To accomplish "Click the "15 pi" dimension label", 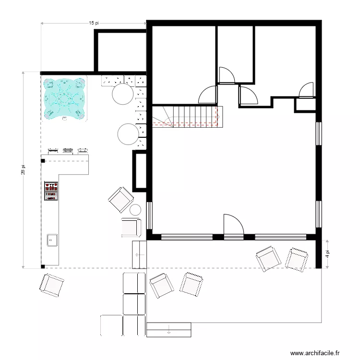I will pyautogui.click(x=94, y=23).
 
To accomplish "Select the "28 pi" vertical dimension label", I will pyautogui.click(x=23, y=170).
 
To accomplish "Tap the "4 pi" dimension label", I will pyautogui.click(x=327, y=253).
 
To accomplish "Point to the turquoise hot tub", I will pyautogui.click(x=64, y=99).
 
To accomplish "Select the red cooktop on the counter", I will pyautogui.click(x=51, y=191).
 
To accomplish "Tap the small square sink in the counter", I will pyautogui.click(x=52, y=240).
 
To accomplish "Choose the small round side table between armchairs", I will pyautogui.click(x=135, y=210).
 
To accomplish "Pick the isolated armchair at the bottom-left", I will pyautogui.click(x=52, y=285).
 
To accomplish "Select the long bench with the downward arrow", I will pyautogui.click(x=168, y=330).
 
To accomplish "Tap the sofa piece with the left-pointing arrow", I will pyautogui.click(x=139, y=254).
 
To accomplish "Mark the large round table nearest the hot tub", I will pyautogui.click(x=123, y=94).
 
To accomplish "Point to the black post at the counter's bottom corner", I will pyautogui.click(x=43, y=266).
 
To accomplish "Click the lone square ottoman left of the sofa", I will pyautogui.click(x=111, y=325).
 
